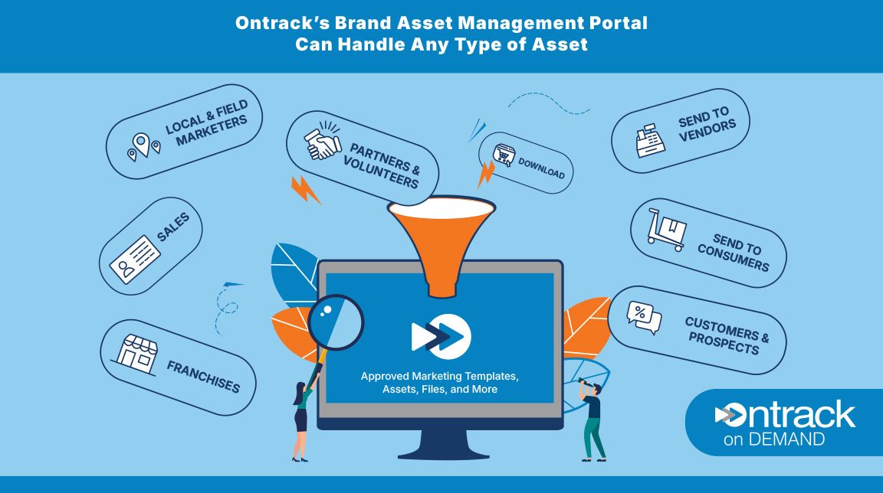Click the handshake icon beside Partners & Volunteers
point(323,144)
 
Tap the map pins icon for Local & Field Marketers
point(144,145)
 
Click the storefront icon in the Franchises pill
point(137,354)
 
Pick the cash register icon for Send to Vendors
point(649,141)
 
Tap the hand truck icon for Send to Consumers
point(665,230)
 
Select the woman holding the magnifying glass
point(301,417)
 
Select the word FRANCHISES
point(202,375)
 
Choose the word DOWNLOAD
point(541,168)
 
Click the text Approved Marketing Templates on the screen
point(440,377)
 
